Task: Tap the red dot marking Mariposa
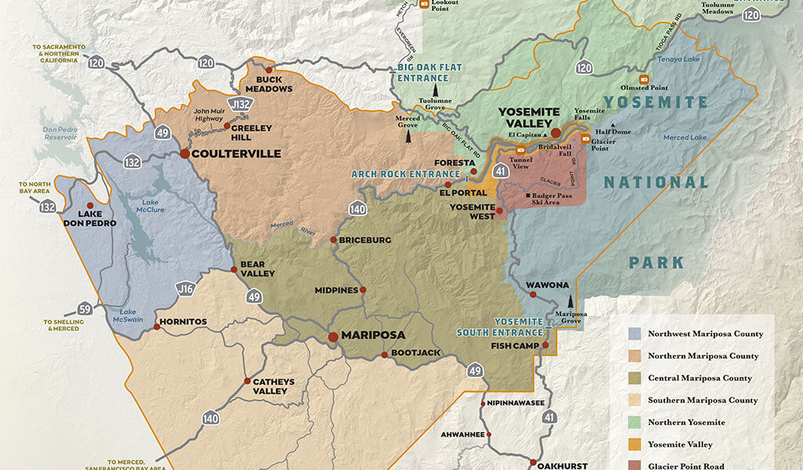[x=332, y=336]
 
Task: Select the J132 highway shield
[x=239, y=103]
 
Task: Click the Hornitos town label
[x=183, y=321]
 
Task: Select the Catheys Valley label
[x=274, y=387]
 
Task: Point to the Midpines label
[x=337, y=291]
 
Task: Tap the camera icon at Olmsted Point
[x=643, y=79]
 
